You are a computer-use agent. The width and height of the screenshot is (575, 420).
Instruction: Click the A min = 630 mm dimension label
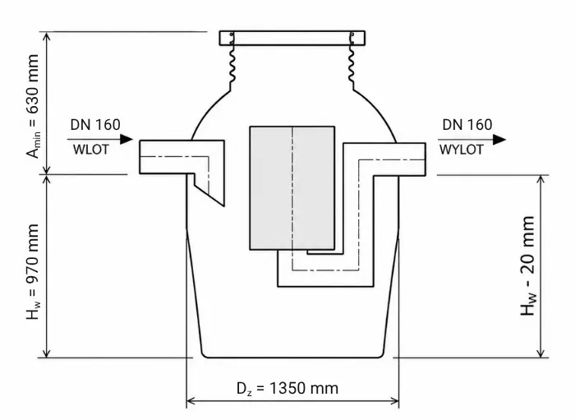click(33, 106)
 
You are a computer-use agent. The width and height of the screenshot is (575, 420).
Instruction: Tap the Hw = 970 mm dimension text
click(33, 271)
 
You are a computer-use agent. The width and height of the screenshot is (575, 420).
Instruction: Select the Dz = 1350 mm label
click(287, 389)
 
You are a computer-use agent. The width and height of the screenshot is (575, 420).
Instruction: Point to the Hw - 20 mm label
click(527, 265)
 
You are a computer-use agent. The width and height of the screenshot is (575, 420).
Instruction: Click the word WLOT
click(91, 150)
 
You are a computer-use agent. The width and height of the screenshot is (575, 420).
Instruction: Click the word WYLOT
click(462, 150)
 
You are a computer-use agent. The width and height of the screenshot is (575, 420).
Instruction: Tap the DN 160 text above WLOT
click(95, 125)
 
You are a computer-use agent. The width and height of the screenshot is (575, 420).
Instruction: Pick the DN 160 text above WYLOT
click(467, 125)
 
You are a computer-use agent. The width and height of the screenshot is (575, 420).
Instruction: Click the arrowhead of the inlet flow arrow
click(126, 140)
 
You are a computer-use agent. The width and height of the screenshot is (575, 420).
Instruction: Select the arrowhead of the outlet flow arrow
click(499, 140)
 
